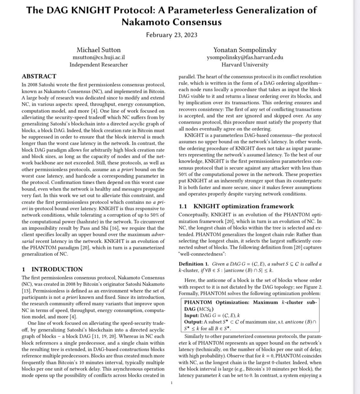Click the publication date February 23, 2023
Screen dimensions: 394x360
[172, 35]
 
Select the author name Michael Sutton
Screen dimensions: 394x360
[99, 50]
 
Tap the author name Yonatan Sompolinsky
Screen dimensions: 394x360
[245, 50]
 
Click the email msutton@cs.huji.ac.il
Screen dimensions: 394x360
[99, 58]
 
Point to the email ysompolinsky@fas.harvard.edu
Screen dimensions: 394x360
[245, 58]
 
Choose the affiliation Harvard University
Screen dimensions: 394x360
[245, 65]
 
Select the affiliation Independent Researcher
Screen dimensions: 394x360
[99, 65]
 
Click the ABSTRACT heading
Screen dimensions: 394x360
[39, 76]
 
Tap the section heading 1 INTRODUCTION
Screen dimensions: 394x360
[52, 269]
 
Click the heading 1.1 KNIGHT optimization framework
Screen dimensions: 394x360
[236, 206]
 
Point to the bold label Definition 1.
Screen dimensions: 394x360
[193, 264]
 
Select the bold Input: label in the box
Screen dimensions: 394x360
[192, 315]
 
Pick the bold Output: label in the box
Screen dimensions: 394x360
[193, 322]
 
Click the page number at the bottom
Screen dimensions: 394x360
[172, 383]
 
